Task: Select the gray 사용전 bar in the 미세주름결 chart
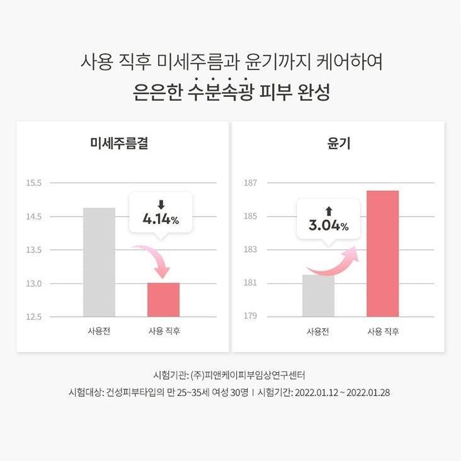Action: click(x=99, y=262)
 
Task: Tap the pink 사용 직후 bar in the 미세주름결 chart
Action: click(x=163, y=300)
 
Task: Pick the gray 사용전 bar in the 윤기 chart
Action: click(x=318, y=295)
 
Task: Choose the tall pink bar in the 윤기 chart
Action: click(x=383, y=253)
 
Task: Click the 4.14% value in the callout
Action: click(x=161, y=220)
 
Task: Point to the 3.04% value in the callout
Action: click(x=328, y=225)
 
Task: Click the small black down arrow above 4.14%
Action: click(x=161, y=204)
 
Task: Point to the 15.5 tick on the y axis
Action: click(x=33, y=183)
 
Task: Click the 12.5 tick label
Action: click(x=33, y=316)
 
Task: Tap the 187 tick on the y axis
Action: click(x=251, y=183)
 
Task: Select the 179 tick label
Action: click(x=251, y=316)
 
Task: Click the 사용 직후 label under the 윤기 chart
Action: click(x=383, y=331)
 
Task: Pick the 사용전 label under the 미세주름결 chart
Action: click(x=99, y=331)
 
